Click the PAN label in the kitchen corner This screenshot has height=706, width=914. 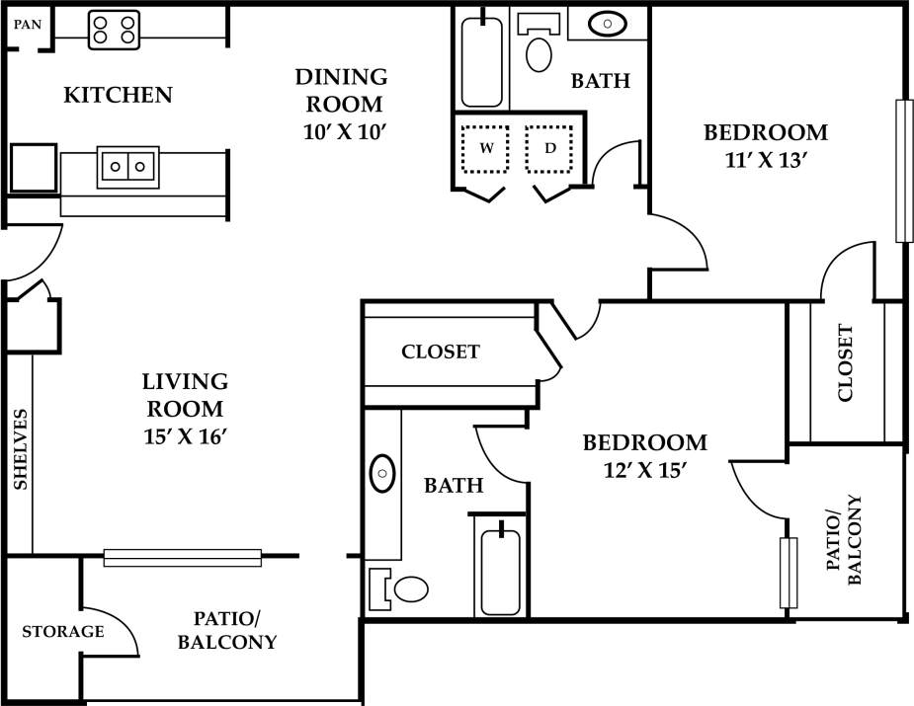coord(27,24)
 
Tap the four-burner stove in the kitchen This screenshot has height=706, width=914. coord(114,30)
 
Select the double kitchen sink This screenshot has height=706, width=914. coord(127,166)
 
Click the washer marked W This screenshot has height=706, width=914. coord(486,148)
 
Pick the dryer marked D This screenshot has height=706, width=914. coord(551,148)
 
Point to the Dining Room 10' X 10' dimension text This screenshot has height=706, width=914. coord(342,129)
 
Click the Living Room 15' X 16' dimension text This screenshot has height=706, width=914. coord(185,433)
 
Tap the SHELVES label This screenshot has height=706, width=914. coord(20,449)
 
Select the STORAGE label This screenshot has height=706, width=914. coord(63,631)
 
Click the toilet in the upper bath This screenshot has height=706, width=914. coord(539,53)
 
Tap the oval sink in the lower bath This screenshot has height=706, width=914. coord(382,475)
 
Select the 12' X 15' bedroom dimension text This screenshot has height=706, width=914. coord(644,471)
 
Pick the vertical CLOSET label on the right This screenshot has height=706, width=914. coord(846,363)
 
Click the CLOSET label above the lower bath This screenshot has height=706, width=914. coord(441,352)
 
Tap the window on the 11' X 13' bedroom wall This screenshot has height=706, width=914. coord(902,170)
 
